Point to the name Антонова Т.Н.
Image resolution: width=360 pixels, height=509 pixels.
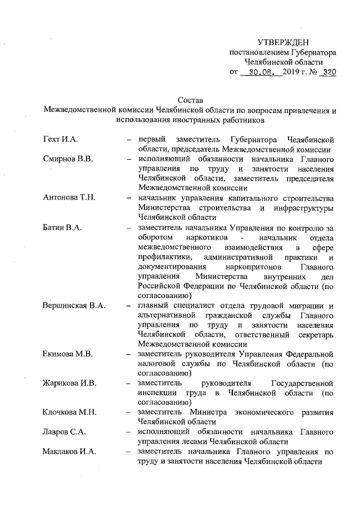point(70,198)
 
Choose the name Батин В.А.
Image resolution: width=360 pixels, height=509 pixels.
point(63,227)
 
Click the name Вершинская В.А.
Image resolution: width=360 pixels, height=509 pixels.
point(75,305)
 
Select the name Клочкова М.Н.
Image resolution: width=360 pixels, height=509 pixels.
point(70,412)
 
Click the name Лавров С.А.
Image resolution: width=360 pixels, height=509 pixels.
point(64,431)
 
